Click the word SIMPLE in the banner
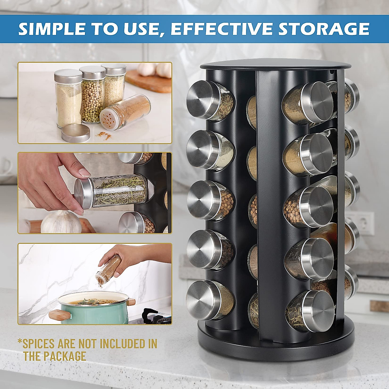coord(52,29)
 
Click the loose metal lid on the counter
coord(76,133)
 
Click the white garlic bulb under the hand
coord(61,222)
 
